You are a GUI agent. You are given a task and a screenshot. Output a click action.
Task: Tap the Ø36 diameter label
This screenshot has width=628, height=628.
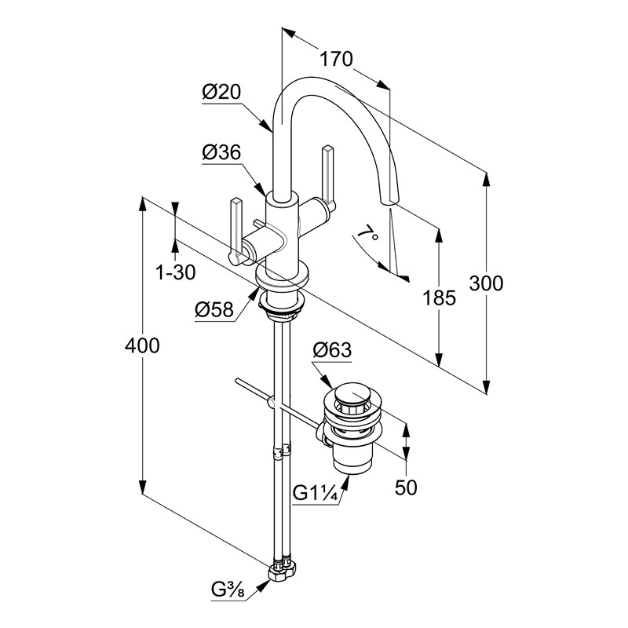pyautogui.click(x=221, y=154)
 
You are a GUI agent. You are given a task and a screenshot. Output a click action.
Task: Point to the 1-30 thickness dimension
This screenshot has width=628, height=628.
pyautogui.click(x=175, y=272)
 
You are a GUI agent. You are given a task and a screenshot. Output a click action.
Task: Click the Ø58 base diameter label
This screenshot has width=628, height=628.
pyautogui.click(x=214, y=311)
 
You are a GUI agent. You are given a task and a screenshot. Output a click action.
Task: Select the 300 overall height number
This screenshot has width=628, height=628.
pyautogui.click(x=487, y=283)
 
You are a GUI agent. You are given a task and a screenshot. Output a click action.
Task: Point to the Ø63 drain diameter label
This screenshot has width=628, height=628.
pyautogui.click(x=332, y=350)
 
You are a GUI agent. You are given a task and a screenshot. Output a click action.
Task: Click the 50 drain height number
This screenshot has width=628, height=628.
pyautogui.click(x=406, y=487)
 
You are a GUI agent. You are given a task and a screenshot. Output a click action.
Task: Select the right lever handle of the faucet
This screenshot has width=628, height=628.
pyautogui.click(x=326, y=177)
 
